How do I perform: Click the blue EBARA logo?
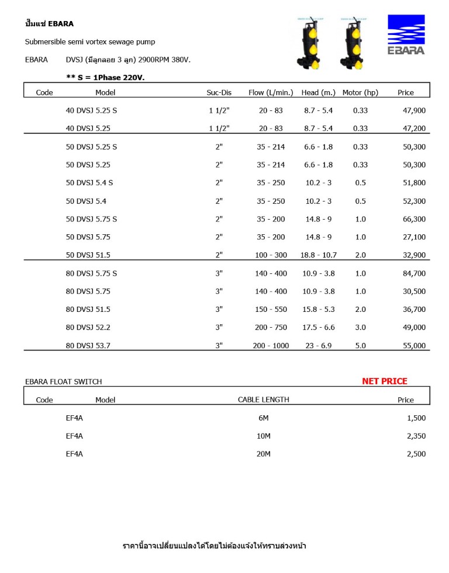(406, 34)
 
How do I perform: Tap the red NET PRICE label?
(384, 381)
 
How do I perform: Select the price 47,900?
(415, 110)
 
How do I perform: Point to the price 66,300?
(415, 219)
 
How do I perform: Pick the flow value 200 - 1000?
(271, 346)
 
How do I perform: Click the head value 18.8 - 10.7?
(318, 255)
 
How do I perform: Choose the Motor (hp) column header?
(360, 93)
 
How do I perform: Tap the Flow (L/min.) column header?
(271, 93)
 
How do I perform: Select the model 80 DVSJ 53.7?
(88, 346)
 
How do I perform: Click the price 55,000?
(415, 346)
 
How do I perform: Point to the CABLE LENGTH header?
(263, 400)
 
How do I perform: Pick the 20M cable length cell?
(263, 454)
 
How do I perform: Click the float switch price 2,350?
(416, 436)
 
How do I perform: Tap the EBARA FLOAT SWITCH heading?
(63, 382)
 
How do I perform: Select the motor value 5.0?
(360, 346)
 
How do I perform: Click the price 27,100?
(415, 237)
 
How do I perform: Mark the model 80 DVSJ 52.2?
(88, 328)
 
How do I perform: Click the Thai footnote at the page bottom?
(214, 546)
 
